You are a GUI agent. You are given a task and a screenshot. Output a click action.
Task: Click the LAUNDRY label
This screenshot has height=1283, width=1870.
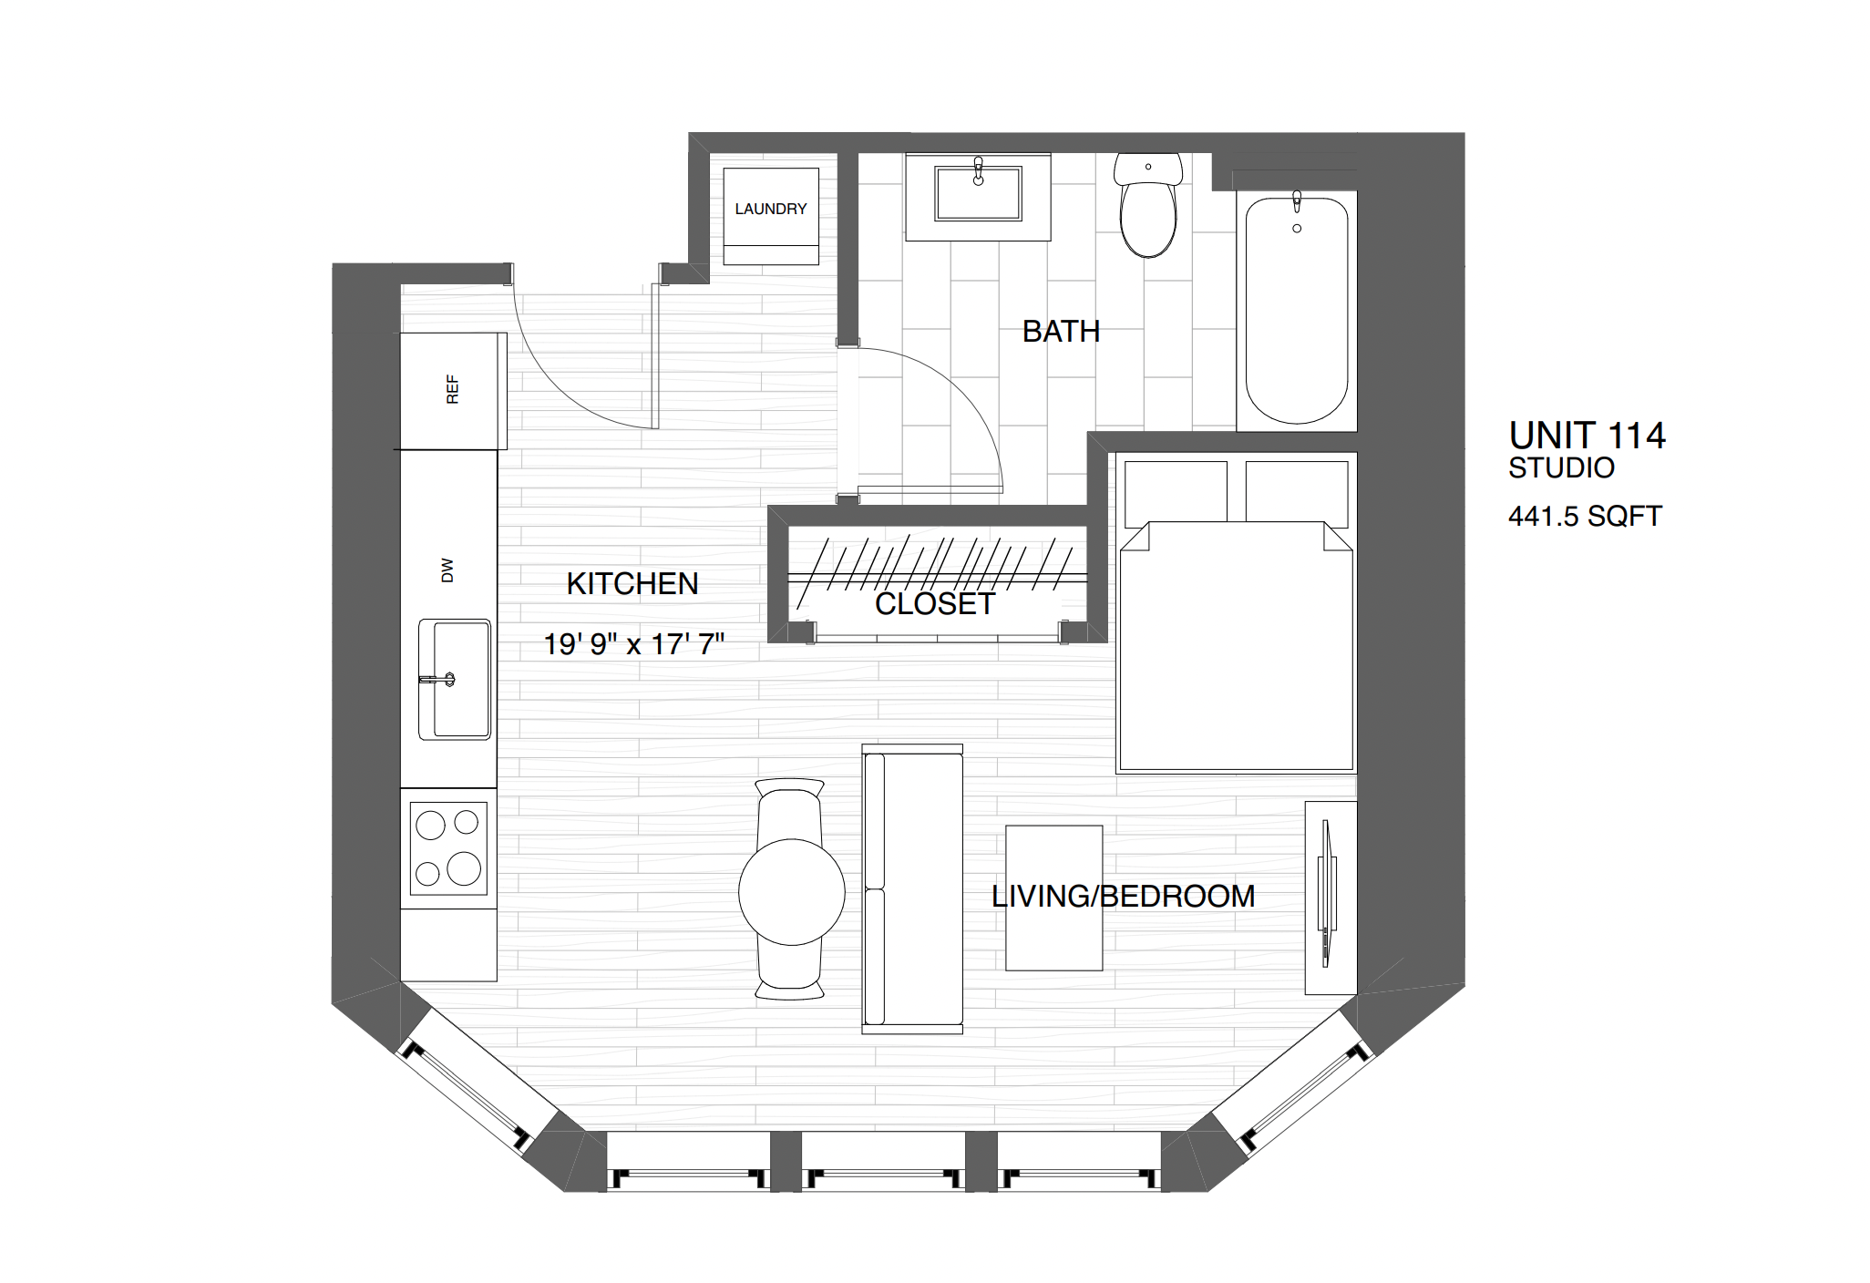[770, 209]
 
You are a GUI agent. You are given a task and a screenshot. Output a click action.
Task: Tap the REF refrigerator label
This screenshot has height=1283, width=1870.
[452, 389]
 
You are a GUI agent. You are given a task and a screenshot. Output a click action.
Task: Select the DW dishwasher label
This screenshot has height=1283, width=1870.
[447, 570]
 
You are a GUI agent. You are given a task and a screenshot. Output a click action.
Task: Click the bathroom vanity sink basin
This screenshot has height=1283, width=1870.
[977, 195]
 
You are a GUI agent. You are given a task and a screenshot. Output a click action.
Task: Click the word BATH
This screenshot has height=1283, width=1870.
[1060, 331]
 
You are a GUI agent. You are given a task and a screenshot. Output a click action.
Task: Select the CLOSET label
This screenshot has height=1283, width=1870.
[934, 604]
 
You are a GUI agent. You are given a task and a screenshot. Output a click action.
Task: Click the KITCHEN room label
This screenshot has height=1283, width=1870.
[632, 584]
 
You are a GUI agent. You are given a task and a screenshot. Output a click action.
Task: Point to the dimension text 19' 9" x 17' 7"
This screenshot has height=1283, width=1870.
[633, 644]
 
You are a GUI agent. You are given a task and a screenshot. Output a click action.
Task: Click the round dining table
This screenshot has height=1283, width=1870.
[791, 892]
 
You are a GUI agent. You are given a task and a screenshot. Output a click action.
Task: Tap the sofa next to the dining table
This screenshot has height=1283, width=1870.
[912, 888]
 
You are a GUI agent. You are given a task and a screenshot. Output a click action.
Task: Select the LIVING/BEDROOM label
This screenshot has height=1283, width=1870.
[1122, 897]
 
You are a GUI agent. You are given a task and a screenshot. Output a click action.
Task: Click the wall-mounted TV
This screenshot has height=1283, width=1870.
[1327, 893]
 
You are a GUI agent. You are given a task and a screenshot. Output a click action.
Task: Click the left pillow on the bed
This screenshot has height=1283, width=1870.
[1175, 492]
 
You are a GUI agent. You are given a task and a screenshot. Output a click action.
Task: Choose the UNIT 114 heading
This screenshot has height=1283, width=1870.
[1587, 436]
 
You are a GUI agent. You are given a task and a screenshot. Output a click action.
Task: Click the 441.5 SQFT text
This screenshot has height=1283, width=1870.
[1584, 517]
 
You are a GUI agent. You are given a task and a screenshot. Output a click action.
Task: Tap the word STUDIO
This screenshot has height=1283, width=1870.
[1560, 468]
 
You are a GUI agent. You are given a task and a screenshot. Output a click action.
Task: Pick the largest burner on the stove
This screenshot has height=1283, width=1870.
[464, 868]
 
